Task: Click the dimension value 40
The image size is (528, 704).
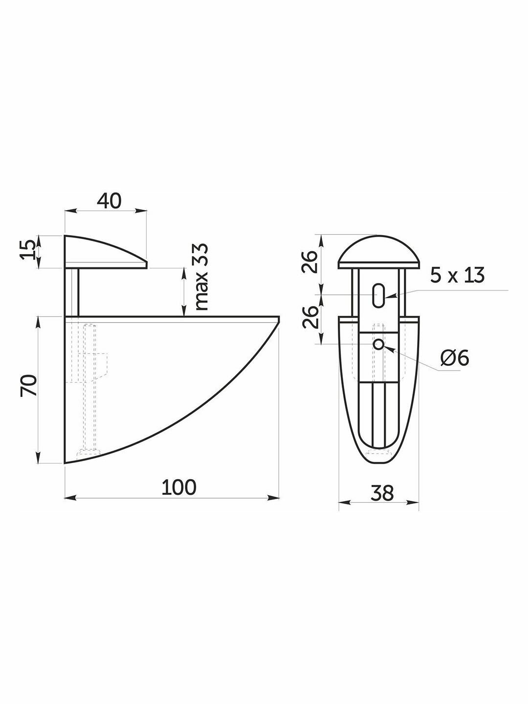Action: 110,201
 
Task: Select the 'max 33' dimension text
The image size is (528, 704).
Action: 201,277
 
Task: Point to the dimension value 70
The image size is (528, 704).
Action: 28,386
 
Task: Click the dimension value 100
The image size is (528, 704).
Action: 179,487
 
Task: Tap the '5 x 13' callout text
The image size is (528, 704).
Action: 457,275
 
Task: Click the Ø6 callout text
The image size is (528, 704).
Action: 455,358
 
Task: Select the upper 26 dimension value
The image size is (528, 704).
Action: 310,262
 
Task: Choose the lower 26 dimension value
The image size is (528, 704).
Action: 310,317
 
